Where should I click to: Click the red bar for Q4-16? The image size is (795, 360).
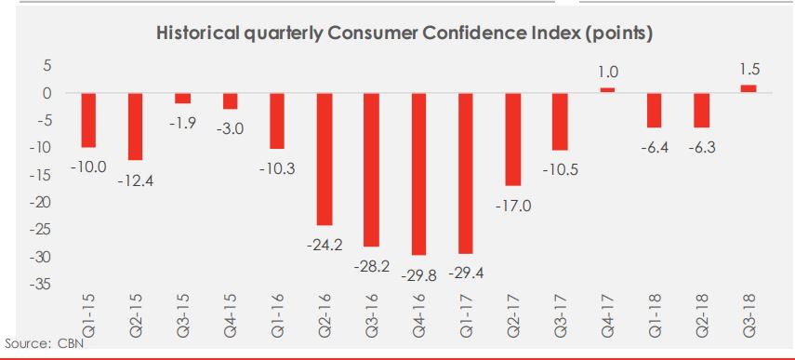click(418, 174)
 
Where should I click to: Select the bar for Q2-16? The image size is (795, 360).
click(325, 159)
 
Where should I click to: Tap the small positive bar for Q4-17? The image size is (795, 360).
click(607, 90)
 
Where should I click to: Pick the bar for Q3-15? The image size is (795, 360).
click(183, 99)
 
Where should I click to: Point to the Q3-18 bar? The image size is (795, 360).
click(749, 89)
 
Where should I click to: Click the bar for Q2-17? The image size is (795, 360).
click(513, 140)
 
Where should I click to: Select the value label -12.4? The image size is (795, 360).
click(135, 180)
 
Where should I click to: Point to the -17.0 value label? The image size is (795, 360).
click(513, 207)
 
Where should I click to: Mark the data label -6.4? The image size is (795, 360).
click(655, 149)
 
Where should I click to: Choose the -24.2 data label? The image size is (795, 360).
click(325, 245)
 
